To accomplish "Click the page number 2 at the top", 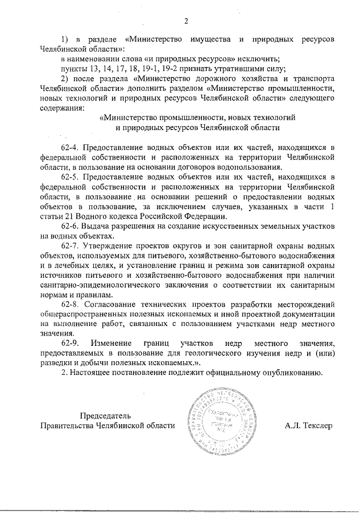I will [x=186, y=22].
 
